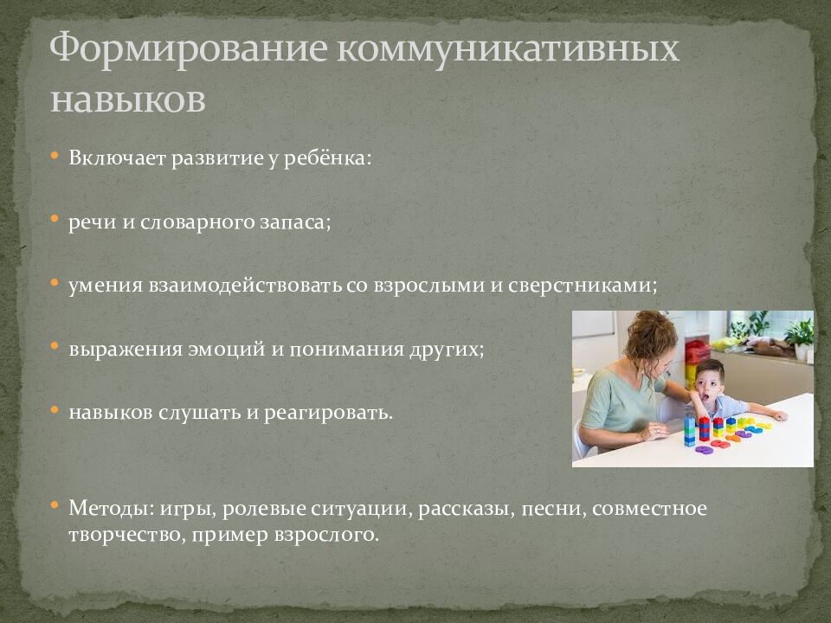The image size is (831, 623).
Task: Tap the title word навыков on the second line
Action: [x=128, y=99]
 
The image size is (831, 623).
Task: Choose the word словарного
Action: [x=202, y=222]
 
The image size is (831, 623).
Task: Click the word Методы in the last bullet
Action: [x=102, y=508]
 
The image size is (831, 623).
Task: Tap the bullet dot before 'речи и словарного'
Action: [x=55, y=220]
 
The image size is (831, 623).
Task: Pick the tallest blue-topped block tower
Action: [x=689, y=429]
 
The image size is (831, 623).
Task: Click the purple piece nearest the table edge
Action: [x=704, y=449]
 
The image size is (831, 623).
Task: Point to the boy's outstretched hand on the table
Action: [x=776, y=416]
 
